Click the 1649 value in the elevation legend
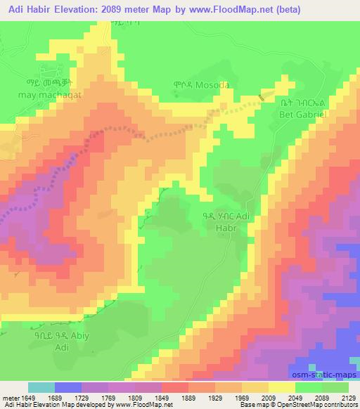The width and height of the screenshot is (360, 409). click(x=27, y=397)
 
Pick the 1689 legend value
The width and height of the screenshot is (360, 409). click(x=55, y=397)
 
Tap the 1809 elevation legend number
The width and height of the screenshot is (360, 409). click(x=136, y=397)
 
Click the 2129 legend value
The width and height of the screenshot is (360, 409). click(x=349, y=397)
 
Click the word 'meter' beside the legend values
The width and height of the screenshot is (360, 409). click(x=8, y=397)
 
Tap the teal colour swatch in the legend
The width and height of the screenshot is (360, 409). click(x=41, y=387)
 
